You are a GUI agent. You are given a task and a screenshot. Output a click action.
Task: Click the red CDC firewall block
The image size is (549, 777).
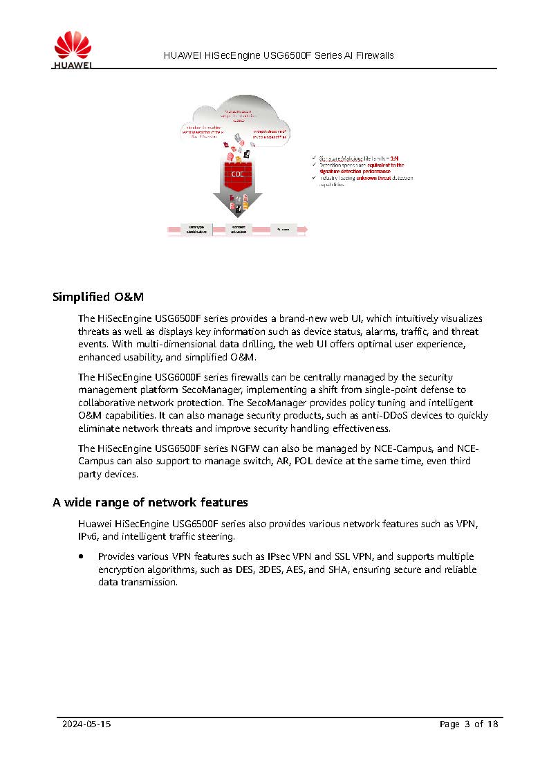tap(237, 174)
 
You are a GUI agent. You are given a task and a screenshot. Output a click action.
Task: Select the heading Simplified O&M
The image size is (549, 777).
tap(98, 298)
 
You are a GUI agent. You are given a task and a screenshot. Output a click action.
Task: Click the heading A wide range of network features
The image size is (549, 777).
tap(150, 502)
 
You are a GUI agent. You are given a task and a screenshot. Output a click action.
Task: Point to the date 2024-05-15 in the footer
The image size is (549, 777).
tap(86, 724)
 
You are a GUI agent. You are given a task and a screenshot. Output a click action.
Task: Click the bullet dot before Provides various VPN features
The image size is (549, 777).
tap(82, 556)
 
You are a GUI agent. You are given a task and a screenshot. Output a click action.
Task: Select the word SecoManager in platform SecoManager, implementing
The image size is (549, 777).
tap(206, 390)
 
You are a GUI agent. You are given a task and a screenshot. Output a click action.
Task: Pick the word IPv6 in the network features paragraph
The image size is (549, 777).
tap(88, 536)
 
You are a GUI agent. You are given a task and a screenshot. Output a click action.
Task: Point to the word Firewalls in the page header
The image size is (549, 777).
tap(374, 55)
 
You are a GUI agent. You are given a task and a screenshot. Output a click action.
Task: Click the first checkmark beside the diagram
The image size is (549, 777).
tap(315, 158)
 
